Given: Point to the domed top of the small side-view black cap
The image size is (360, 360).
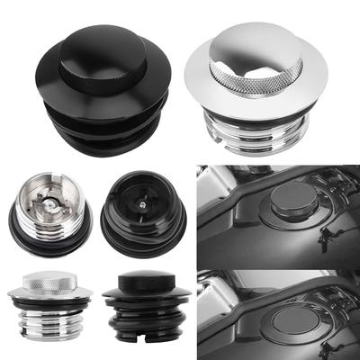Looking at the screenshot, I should pyautogui.click(x=144, y=280).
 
